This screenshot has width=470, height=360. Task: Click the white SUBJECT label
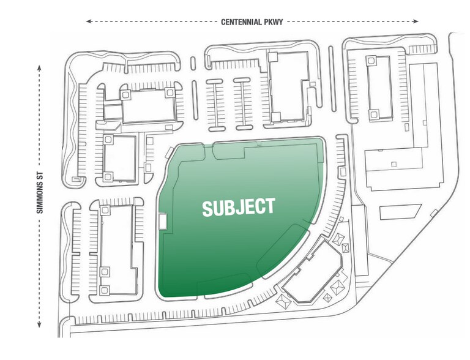click(x=239, y=207)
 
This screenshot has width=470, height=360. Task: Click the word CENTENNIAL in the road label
click(x=242, y=22)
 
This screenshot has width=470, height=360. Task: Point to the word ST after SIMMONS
click(x=40, y=178)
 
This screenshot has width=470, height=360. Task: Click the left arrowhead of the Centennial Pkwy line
click(x=88, y=21)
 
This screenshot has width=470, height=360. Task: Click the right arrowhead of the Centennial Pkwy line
click(x=416, y=21)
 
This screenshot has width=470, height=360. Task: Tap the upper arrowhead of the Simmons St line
click(x=39, y=67)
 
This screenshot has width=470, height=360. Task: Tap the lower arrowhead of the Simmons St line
click(x=39, y=324)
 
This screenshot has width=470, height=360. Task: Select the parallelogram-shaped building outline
click(x=400, y=212)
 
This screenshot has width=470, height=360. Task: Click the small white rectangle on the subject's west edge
click(x=162, y=221)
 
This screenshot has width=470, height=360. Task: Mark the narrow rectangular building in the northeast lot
click(x=379, y=88)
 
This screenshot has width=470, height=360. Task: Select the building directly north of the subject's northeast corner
click(x=289, y=87)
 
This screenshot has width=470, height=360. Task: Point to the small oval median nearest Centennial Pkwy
click(x=193, y=63)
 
